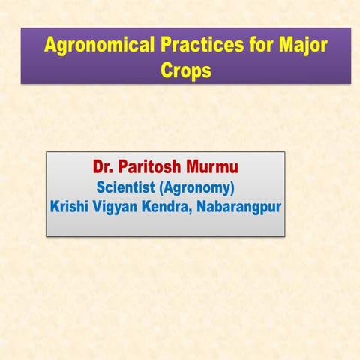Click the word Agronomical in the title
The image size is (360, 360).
tap(98, 46)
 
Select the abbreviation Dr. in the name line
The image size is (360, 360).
tap(102, 166)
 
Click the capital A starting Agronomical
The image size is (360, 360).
tap(50, 46)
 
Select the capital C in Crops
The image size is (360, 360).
tap(167, 70)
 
